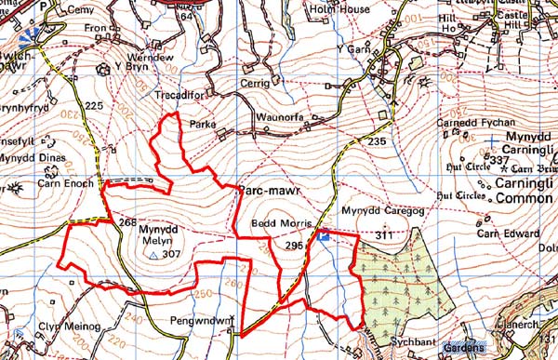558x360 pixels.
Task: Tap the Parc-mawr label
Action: pos(270,188)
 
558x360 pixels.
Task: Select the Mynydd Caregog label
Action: pos(376,211)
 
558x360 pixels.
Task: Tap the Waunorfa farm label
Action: pos(281,116)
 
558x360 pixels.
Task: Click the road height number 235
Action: pos(376,140)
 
